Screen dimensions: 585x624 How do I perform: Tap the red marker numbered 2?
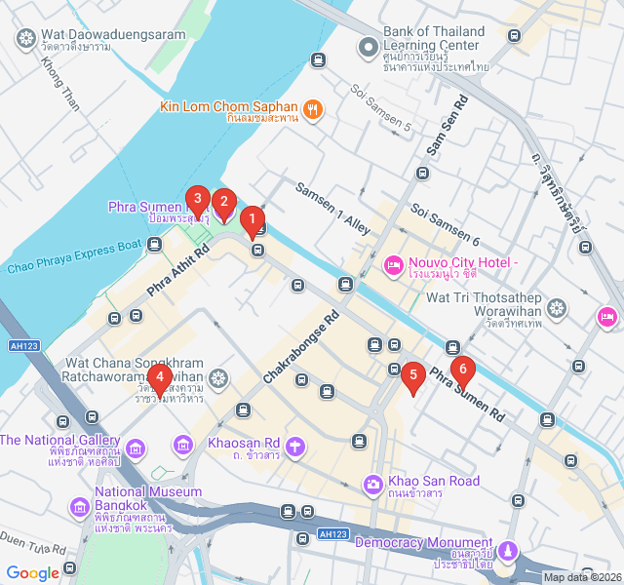(x=223, y=204)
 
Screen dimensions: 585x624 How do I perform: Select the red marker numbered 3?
(x=198, y=201)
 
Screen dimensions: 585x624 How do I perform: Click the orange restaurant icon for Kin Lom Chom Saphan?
(x=313, y=109)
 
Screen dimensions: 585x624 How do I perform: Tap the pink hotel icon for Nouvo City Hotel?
(x=394, y=264)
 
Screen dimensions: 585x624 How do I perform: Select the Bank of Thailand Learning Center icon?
(x=368, y=46)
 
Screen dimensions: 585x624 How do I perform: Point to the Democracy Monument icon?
(x=508, y=552)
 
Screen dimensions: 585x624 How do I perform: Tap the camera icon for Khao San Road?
(x=372, y=485)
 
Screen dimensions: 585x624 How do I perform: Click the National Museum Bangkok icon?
(x=79, y=508)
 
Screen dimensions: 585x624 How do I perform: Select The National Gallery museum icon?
(x=136, y=448)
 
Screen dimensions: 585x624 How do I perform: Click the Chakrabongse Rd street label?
(x=299, y=346)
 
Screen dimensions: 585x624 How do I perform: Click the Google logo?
(x=33, y=573)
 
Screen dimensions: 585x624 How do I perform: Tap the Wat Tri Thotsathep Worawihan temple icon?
(x=557, y=309)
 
